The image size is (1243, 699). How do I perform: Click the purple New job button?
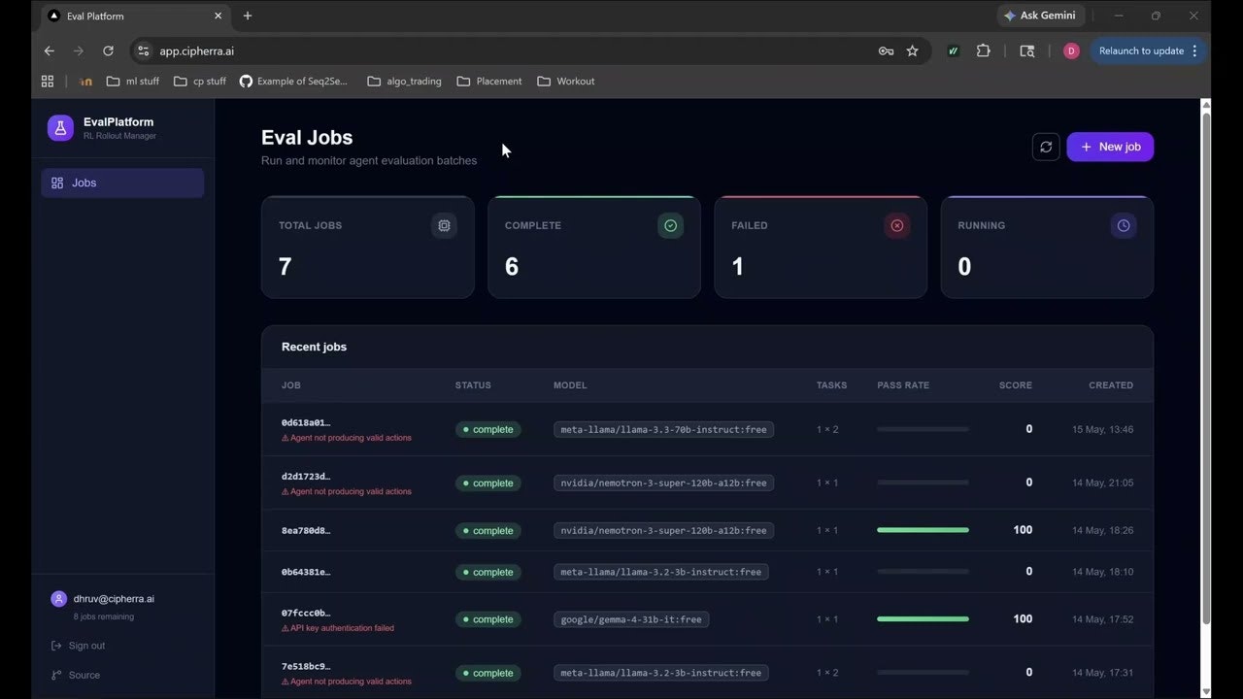(1110, 147)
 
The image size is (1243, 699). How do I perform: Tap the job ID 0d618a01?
(306, 422)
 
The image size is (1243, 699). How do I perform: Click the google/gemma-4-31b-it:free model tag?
(631, 619)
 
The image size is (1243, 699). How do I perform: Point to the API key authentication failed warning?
(338, 628)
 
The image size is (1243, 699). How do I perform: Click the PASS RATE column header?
(903, 385)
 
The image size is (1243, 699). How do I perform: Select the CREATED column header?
(1111, 385)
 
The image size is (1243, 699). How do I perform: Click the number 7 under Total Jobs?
(286, 266)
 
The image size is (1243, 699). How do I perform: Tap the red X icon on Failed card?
(896, 226)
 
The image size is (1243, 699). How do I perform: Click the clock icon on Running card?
(1124, 226)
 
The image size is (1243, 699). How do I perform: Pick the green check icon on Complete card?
(670, 226)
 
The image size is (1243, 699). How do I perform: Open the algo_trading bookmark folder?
(405, 82)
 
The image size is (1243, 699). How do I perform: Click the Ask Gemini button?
(1040, 16)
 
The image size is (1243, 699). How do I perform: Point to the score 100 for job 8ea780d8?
(1023, 530)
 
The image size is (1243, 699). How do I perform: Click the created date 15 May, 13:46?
(1102, 429)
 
